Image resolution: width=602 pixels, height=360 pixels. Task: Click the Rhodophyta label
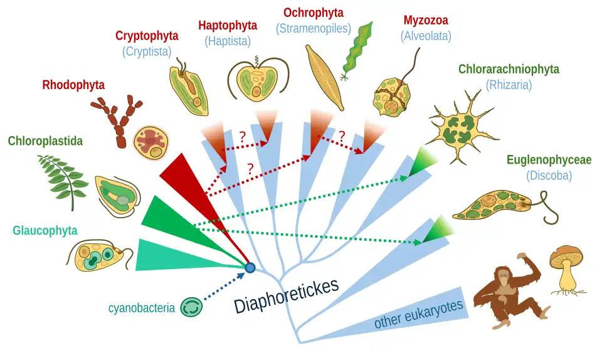pos(73,85)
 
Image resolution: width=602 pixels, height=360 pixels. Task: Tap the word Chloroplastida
pos(45,141)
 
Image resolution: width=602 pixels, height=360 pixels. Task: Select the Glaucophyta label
pos(45,230)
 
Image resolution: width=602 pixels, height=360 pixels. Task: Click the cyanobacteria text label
pos(141,308)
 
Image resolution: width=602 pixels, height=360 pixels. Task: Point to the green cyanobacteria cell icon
pos(191,307)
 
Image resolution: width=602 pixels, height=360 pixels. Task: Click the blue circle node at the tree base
pos(250,268)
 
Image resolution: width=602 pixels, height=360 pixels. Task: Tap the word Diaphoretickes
pos(287,295)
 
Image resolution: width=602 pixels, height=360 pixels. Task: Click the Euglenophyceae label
pos(549,161)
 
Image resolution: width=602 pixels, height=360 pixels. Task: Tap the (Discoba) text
pos(549,176)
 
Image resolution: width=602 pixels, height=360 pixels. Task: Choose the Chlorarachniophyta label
pos(509,69)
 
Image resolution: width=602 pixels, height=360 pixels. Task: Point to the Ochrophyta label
pos(313,13)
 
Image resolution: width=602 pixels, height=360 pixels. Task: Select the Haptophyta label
pos(228,26)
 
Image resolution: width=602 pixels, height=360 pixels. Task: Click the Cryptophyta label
pos(147,36)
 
